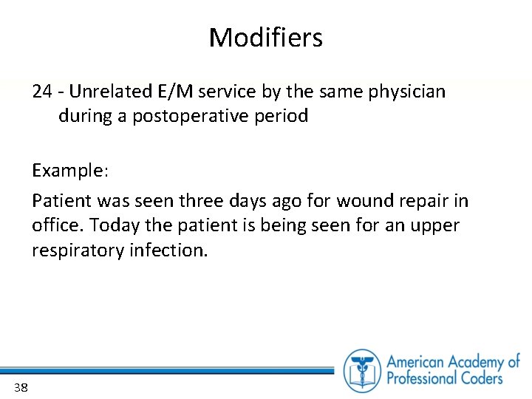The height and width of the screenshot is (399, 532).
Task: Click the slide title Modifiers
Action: tap(265, 37)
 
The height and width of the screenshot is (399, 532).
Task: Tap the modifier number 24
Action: tap(41, 92)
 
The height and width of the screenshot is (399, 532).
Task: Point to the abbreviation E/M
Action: tap(171, 92)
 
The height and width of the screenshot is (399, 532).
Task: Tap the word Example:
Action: tap(70, 171)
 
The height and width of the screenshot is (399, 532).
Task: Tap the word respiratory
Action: tap(77, 250)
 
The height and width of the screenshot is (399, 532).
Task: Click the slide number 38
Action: tap(20, 387)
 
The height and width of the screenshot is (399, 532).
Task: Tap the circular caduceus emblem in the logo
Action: tap(361, 369)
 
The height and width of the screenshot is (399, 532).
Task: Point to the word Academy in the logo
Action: tap(471, 362)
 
